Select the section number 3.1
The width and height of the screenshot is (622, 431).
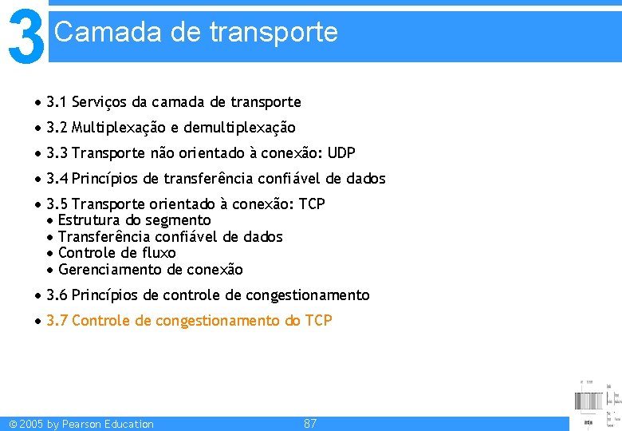point(57,102)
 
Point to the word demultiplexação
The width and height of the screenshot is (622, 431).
point(239,128)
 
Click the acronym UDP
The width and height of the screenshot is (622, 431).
point(341,153)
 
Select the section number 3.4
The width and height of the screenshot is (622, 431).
point(57,179)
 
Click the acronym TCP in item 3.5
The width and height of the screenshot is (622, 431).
point(312,204)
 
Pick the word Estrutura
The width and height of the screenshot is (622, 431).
point(89,220)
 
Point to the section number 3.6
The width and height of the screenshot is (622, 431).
point(57,295)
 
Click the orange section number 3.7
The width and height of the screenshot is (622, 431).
point(57,321)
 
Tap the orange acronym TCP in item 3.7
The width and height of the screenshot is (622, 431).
point(319,321)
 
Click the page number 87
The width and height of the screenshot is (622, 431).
point(310,424)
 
